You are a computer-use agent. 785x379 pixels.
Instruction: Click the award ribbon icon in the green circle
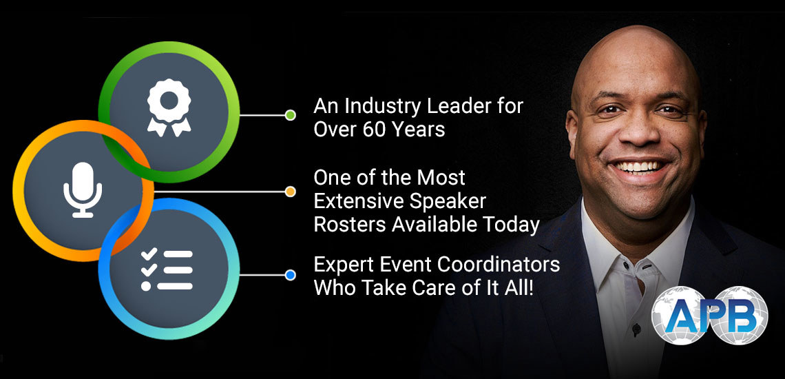click(x=169, y=107)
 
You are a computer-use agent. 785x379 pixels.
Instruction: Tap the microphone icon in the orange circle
click(x=83, y=189)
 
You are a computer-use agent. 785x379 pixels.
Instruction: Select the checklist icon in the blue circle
click(x=166, y=269)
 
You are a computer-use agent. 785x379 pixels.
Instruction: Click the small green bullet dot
click(x=290, y=115)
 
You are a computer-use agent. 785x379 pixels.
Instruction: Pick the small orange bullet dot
click(x=290, y=192)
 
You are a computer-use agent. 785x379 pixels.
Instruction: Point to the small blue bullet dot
click(x=290, y=275)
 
